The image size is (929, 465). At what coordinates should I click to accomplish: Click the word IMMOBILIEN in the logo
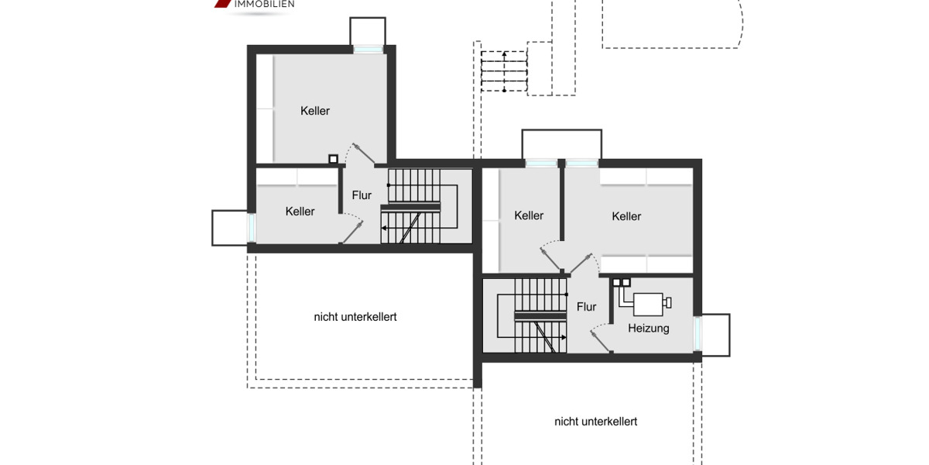[x=264, y=4]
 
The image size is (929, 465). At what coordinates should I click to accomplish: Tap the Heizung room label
[x=649, y=329]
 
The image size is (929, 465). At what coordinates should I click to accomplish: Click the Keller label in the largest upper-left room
[x=315, y=111]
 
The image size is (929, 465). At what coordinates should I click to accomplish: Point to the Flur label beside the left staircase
[x=362, y=195]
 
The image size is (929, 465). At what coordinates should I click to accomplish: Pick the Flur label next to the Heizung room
[x=587, y=307]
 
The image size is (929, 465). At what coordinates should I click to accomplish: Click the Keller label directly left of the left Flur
[x=300, y=212]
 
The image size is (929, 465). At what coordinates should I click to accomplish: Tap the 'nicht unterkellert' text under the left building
[x=355, y=317]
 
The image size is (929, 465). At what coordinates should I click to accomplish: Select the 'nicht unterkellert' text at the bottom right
[x=595, y=422]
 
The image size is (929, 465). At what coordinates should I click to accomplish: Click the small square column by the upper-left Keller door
[x=333, y=160]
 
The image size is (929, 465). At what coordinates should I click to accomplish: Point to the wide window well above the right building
[x=561, y=144]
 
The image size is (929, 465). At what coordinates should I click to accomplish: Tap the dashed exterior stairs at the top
[x=503, y=71]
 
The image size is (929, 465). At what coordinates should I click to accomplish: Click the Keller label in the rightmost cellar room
[x=626, y=216]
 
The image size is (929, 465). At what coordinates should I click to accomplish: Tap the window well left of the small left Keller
[x=229, y=228]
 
